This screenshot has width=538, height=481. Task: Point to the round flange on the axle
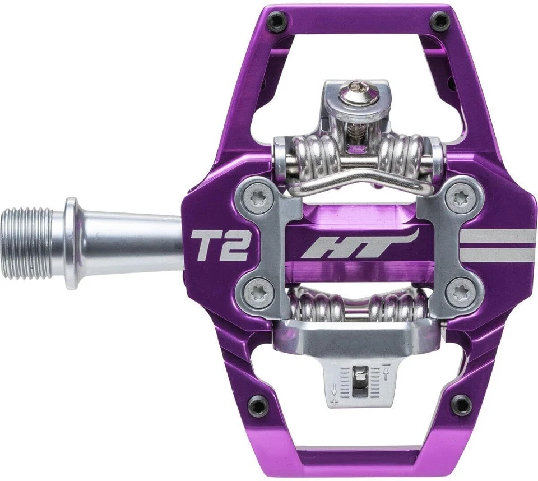(71, 243)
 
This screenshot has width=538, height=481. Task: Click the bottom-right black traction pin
(461, 404)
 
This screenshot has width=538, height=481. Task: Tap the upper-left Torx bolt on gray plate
(258, 197)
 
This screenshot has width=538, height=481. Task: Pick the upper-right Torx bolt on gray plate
(461, 197)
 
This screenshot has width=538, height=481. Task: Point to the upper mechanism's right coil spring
(403, 154)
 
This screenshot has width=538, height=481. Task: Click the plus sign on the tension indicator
(335, 402)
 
